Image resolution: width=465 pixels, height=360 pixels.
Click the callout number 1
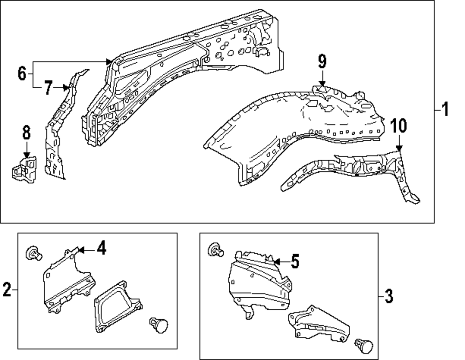pyautogui.click(x=445, y=111)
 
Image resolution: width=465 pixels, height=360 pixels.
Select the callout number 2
pyautogui.click(x=7, y=290)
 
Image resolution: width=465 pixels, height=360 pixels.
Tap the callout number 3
pyautogui.click(x=389, y=295)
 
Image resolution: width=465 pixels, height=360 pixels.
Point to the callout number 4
pyautogui.click(x=101, y=249)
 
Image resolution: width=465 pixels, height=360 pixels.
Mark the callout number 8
pyautogui.click(x=26, y=133)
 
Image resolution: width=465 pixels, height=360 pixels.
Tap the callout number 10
pyautogui.click(x=399, y=126)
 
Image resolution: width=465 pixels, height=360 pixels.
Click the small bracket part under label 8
pyautogui.click(x=24, y=169)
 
